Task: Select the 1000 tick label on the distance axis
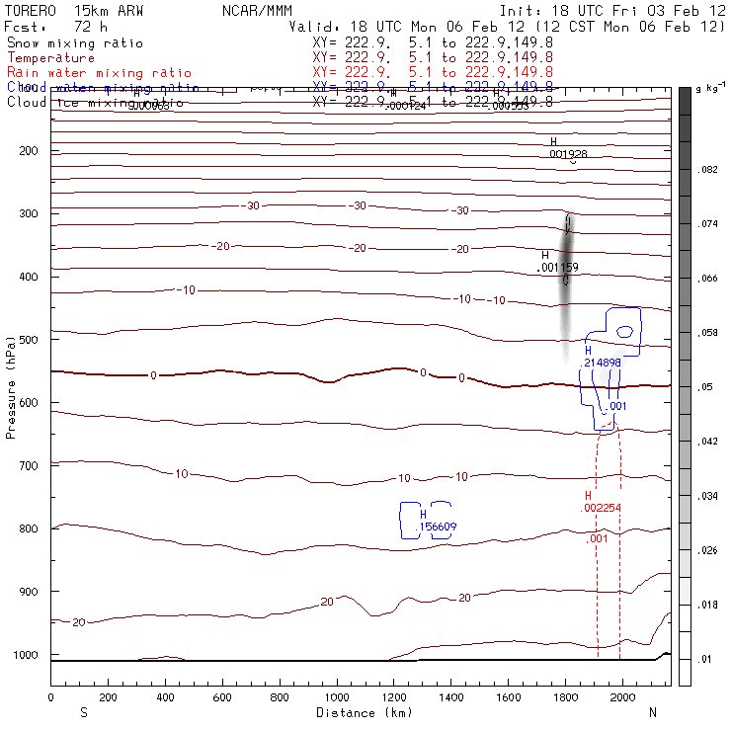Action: pos(337,697)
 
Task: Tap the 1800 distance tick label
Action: pos(565,697)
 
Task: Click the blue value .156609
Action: pos(438,527)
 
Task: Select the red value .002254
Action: pos(602,508)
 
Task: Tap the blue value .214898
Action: pos(602,363)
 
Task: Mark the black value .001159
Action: pos(556,268)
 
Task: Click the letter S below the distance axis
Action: pos(83,712)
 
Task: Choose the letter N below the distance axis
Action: pos(653,712)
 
